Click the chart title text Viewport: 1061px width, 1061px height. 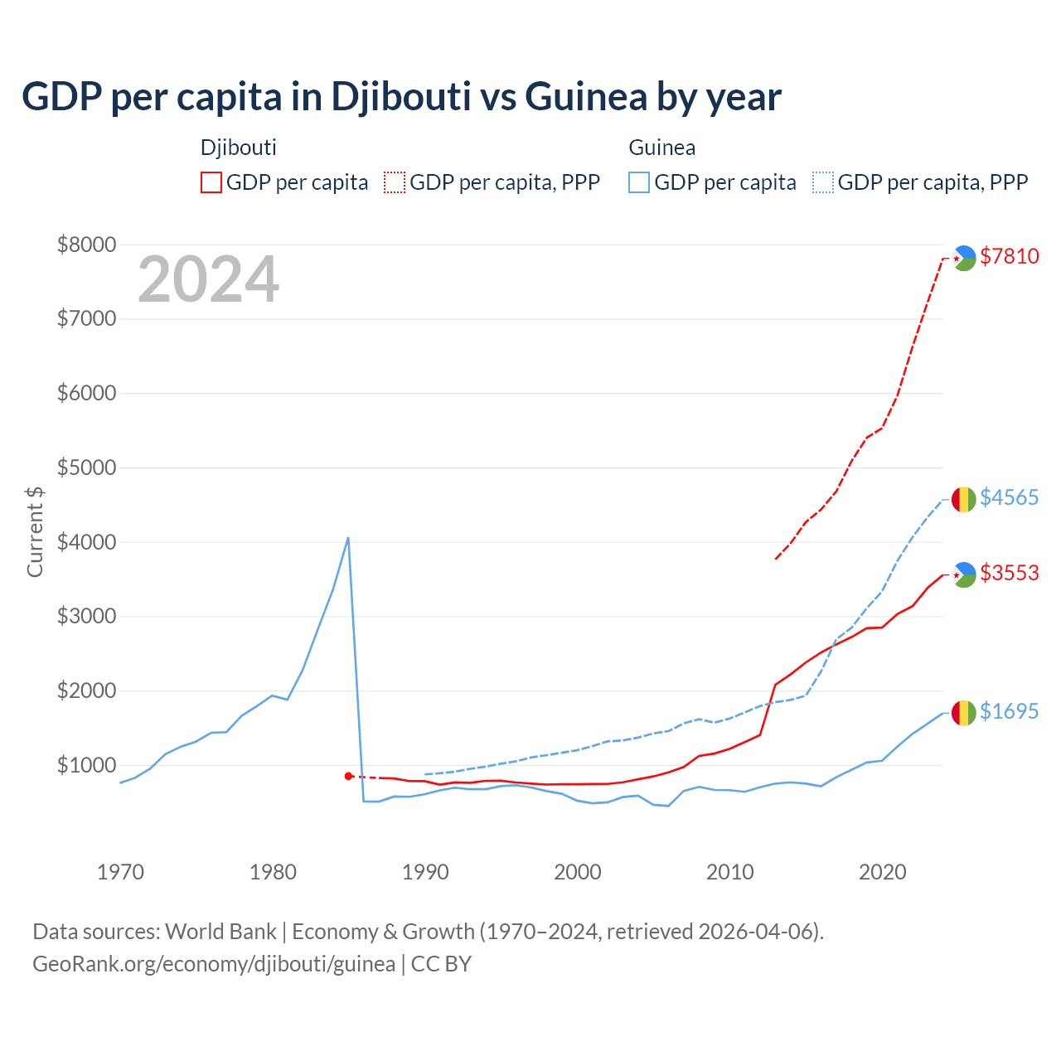(x=401, y=96)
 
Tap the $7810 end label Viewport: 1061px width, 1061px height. (x=1009, y=256)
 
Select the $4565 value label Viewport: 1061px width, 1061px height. (x=1009, y=497)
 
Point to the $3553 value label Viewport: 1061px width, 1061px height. (x=1009, y=573)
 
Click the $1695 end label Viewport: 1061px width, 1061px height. (x=1009, y=711)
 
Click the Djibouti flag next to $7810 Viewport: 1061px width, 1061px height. (x=964, y=258)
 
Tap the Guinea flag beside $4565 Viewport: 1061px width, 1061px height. (x=963, y=499)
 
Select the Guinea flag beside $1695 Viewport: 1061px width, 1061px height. (x=963, y=713)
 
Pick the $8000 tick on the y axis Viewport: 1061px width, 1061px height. (x=86, y=245)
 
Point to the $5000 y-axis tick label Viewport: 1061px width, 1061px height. (x=86, y=468)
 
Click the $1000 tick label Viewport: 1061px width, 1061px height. (x=86, y=765)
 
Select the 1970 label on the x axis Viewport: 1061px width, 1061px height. (x=120, y=872)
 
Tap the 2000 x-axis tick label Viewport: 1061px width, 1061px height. (x=577, y=872)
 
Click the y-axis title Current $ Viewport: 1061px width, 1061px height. (x=35, y=531)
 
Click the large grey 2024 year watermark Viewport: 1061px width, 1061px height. (x=208, y=279)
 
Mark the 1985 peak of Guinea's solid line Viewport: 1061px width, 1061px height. (x=348, y=538)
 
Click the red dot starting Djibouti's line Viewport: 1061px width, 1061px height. (x=348, y=776)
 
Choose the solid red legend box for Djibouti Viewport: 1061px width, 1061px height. (x=211, y=182)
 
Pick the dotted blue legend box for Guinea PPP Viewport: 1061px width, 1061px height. (x=823, y=182)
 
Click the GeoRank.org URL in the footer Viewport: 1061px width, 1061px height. (x=214, y=964)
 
